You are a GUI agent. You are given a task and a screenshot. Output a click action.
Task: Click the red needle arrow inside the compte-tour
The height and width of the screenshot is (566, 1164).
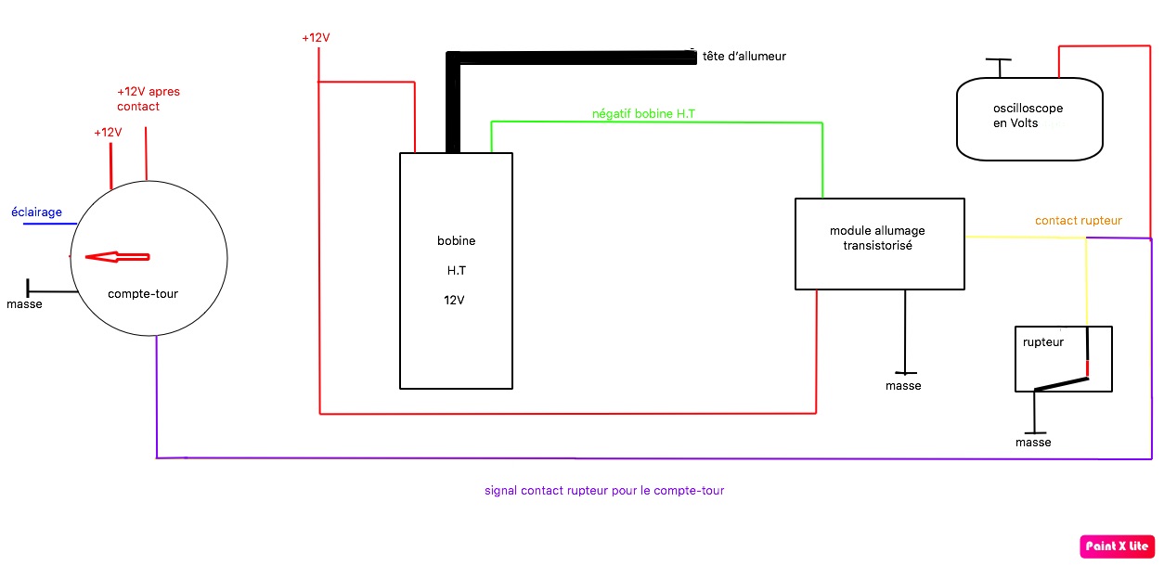point(117,257)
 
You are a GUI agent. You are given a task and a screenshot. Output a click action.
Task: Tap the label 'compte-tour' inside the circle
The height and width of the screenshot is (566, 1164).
point(143,294)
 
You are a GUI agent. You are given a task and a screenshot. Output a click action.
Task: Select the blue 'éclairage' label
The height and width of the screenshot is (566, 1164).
point(36,212)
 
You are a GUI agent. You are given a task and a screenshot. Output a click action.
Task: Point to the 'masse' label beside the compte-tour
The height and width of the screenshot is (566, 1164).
point(24,304)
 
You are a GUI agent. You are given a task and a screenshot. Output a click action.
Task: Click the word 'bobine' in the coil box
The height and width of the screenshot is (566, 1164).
point(456,240)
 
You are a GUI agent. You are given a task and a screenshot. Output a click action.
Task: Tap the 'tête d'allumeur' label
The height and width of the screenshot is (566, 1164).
point(744,57)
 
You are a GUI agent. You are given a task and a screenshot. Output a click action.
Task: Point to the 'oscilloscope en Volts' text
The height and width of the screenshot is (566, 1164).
point(1028,116)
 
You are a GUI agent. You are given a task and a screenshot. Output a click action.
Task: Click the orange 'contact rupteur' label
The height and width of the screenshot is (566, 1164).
point(1079,221)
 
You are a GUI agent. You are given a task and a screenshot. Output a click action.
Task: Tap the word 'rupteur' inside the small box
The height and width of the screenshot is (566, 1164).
point(1042,341)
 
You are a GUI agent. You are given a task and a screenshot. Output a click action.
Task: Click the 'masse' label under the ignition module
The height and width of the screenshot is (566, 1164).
point(903,386)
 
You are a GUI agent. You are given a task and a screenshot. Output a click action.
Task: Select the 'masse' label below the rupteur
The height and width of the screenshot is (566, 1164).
point(1033,443)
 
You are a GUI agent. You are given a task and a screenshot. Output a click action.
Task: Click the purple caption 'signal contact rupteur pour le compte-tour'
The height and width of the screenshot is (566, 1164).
point(604,490)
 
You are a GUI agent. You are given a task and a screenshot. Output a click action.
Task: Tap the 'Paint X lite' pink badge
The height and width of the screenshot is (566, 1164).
point(1117,547)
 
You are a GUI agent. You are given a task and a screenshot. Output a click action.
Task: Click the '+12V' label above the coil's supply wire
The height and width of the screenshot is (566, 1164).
point(316,38)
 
